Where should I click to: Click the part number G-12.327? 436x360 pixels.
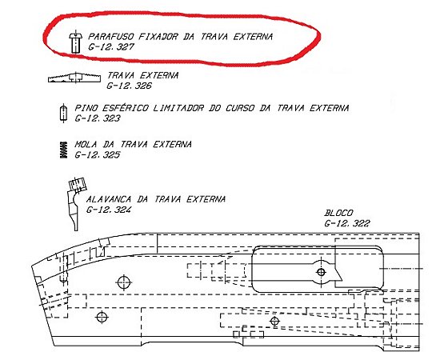(111, 46)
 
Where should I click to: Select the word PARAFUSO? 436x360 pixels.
(111, 37)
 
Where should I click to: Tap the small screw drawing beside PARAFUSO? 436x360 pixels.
(75, 42)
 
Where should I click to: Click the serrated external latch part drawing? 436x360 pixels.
(74, 78)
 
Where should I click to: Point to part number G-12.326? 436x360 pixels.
(130, 86)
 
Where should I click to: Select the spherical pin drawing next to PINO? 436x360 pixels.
(64, 113)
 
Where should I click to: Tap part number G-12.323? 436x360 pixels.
(98, 118)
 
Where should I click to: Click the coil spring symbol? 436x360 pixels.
(64, 150)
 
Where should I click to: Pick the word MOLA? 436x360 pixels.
(86, 144)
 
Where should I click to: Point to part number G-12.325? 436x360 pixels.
(98, 154)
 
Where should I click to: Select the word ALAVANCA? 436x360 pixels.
(109, 199)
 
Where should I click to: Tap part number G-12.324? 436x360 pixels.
(109, 210)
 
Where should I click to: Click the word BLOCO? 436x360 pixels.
(338, 213)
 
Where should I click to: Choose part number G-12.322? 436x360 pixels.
(347, 223)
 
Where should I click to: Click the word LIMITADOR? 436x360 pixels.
(178, 108)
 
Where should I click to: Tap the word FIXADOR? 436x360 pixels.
(158, 37)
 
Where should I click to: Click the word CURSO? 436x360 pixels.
(240, 108)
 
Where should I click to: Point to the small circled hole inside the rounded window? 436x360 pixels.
(321, 272)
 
